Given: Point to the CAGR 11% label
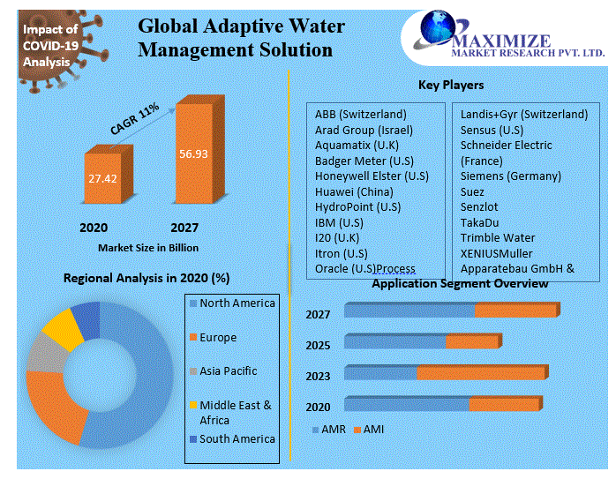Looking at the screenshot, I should coord(134,119).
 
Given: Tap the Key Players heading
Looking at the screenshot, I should coord(450,86).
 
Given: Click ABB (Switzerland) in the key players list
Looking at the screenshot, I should coord(360,114).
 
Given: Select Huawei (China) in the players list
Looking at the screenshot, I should coord(354,191).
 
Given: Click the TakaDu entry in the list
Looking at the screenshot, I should coord(480,222).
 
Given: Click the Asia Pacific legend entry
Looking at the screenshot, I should coord(228,371).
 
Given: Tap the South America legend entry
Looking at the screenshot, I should coord(237,438).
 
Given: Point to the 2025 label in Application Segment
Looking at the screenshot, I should coord(318,346).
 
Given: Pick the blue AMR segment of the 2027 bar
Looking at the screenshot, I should coord(409,311).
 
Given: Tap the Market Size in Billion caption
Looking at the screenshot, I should coord(148,248).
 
